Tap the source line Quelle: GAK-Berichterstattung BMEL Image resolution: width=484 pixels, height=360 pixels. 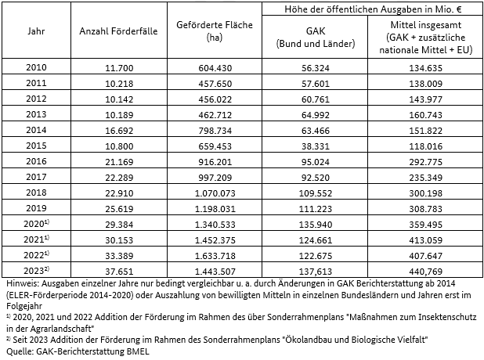[x=75, y=351]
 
